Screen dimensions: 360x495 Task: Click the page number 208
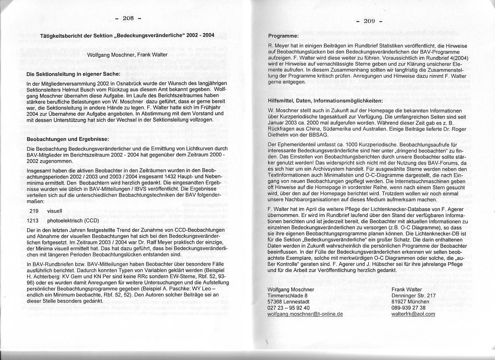[x=128, y=18]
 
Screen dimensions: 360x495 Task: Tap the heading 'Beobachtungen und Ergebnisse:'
[x=67, y=138]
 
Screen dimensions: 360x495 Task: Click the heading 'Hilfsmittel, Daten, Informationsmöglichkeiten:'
[x=326, y=101]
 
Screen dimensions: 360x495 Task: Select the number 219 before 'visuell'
[x=34, y=210]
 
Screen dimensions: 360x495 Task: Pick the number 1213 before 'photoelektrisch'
[x=33, y=221]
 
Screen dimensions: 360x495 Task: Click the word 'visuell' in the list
[x=55, y=210]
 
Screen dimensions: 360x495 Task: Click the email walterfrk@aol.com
[x=413, y=314]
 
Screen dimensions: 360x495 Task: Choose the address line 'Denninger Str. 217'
[x=414, y=295]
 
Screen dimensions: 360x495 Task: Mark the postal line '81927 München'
[x=410, y=302]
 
